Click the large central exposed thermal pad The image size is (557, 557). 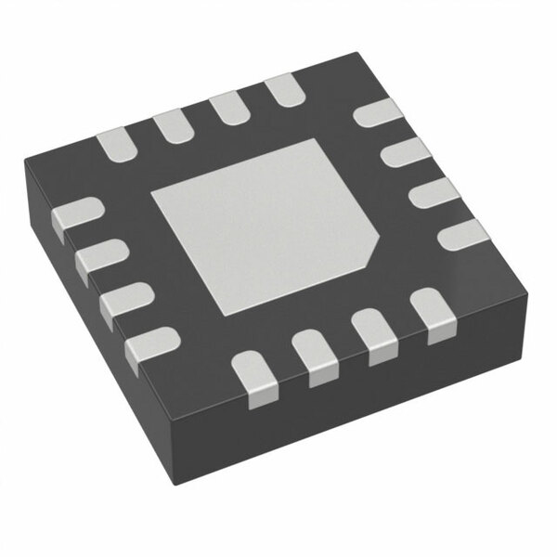[x=265, y=223]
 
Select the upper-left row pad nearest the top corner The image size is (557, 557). [x=282, y=90]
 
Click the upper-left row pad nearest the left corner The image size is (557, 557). [x=116, y=144]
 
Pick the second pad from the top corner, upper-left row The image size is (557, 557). [x=227, y=108]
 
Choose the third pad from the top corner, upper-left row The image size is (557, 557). [x=171, y=125]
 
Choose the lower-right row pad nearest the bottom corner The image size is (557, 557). [x=253, y=375]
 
